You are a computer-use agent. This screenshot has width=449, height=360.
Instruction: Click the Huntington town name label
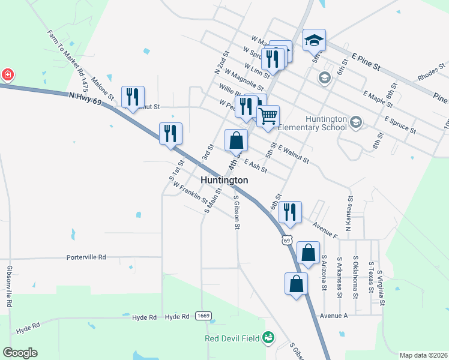(x=224, y=180)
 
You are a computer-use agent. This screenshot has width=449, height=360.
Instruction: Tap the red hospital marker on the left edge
(x=7, y=76)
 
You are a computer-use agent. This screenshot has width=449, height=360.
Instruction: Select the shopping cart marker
(x=268, y=116)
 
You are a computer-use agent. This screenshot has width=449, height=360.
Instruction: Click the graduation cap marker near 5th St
(x=314, y=41)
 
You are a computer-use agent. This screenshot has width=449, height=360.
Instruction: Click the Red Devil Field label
(x=232, y=338)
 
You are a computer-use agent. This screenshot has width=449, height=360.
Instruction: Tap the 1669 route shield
(x=203, y=316)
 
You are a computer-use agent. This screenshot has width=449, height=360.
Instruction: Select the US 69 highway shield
(x=287, y=241)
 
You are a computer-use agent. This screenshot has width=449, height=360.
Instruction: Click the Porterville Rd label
(x=86, y=257)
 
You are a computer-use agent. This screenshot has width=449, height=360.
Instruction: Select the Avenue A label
(x=334, y=316)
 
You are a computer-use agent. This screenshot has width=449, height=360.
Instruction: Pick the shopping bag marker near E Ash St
(x=237, y=141)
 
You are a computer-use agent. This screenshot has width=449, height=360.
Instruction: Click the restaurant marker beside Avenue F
(x=290, y=212)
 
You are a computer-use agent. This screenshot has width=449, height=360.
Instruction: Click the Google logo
(x=20, y=353)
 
